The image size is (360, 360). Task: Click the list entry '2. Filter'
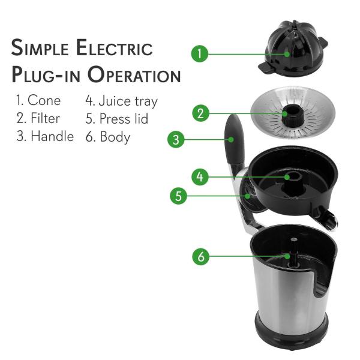click(38, 118)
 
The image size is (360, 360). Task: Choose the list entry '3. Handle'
click(44, 136)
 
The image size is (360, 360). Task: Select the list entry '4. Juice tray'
click(121, 100)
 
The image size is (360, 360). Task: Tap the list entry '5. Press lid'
click(116, 118)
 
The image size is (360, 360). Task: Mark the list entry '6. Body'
click(108, 136)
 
